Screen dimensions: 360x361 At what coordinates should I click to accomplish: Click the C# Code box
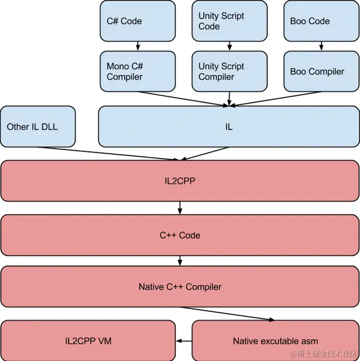tap(138, 21)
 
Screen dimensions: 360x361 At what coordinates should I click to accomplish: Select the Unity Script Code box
tap(230, 21)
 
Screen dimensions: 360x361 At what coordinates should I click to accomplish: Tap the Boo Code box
tap(322, 21)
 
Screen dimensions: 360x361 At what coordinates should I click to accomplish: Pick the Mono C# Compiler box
tap(138, 71)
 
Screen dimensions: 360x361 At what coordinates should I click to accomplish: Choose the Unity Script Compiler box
tap(230, 71)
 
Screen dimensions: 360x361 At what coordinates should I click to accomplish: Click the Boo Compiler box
tap(322, 71)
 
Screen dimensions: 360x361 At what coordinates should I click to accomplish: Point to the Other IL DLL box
tap(38, 127)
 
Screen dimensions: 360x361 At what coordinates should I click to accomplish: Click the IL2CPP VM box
tap(88, 341)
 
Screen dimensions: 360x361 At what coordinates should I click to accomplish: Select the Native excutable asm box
tap(275, 341)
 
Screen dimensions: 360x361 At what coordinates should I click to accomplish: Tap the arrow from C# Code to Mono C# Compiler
tap(138, 46)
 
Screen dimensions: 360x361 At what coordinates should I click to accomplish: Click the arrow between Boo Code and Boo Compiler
tap(322, 46)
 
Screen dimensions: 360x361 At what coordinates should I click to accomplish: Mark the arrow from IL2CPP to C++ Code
tap(180, 208)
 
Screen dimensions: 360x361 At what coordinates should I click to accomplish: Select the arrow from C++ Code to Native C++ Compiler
tap(180, 261)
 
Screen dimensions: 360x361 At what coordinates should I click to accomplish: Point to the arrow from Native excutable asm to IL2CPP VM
tap(184, 341)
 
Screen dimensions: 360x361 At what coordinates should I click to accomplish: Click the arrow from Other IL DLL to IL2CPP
tap(108, 153)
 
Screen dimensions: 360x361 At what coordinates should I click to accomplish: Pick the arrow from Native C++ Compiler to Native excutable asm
tap(227, 314)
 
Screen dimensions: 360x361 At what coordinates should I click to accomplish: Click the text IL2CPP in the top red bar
tap(180, 181)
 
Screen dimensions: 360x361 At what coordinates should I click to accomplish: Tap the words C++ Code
tap(180, 235)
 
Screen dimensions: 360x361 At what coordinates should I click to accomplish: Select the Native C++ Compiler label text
tap(180, 287)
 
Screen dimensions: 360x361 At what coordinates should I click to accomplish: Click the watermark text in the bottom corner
tap(323, 354)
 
